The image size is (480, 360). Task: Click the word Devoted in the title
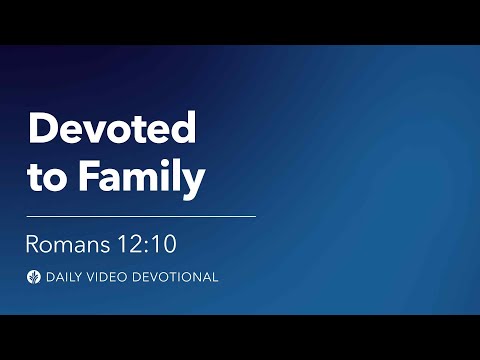pyautogui.click(x=111, y=131)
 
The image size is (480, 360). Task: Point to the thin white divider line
pyautogui.click(x=141, y=215)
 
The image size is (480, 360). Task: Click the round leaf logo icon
pyautogui.click(x=33, y=277)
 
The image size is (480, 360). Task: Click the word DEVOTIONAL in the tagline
pyautogui.click(x=178, y=277)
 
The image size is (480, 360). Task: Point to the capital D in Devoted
pyautogui.click(x=41, y=131)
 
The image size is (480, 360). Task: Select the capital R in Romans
pyautogui.click(x=32, y=244)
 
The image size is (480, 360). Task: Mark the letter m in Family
pyautogui.click(x=137, y=180)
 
